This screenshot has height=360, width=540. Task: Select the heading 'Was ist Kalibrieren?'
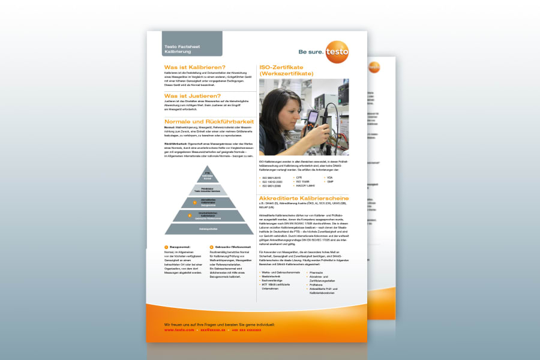click(195, 67)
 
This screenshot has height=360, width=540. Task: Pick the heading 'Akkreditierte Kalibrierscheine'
click(303, 198)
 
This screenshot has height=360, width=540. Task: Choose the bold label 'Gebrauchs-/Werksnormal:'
click(230, 247)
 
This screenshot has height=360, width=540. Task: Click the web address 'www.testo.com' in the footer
click(179, 330)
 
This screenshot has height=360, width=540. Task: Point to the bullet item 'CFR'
click(299, 178)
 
